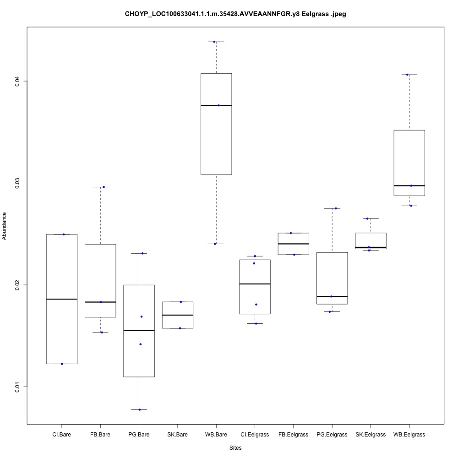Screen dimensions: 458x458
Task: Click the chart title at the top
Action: click(x=235, y=14)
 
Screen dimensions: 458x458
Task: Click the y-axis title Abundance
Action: click(x=5, y=226)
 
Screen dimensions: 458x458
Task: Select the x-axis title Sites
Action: click(x=235, y=447)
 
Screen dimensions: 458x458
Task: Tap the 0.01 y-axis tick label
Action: click(x=17, y=387)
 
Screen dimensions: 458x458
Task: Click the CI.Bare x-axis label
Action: click(x=62, y=434)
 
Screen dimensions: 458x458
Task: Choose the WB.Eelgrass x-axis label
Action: click(x=409, y=434)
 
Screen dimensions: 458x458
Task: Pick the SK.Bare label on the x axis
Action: click(x=178, y=434)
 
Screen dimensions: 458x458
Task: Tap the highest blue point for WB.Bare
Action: click(x=214, y=42)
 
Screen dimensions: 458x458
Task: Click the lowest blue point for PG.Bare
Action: click(x=139, y=409)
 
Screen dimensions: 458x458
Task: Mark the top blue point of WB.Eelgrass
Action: click(x=407, y=75)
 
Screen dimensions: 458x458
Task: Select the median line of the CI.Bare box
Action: click(x=62, y=299)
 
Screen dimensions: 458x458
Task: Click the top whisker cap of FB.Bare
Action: click(x=100, y=187)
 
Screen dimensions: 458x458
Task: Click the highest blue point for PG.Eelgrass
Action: click(x=336, y=208)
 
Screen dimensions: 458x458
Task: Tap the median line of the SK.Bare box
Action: click(x=178, y=315)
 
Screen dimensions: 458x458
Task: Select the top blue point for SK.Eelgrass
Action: click(x=367, y=218)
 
